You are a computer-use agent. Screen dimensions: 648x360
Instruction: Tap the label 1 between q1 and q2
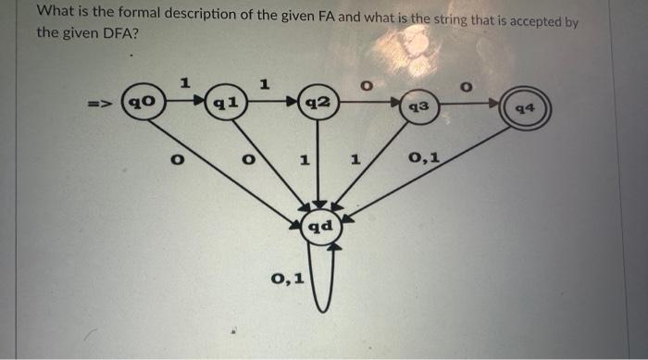266,84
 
